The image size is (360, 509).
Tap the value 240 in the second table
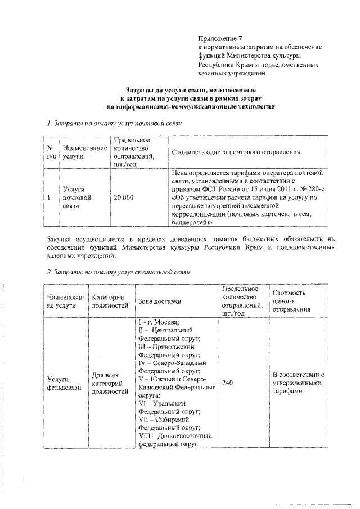227,383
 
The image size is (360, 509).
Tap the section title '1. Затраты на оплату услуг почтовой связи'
115,123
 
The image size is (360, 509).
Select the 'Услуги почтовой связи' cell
76,198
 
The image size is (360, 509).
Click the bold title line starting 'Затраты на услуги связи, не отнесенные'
191,89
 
